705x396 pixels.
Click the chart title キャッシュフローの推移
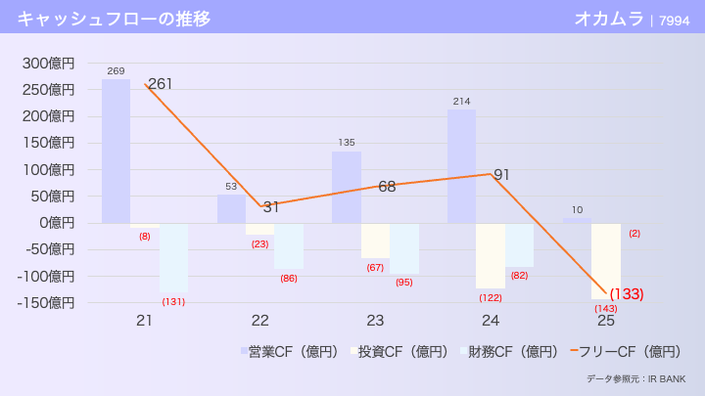pos(114,19)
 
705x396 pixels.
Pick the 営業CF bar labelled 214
pos(462,166)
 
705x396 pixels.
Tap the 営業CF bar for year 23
pos(347,187)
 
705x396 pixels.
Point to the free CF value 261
pos(160,84)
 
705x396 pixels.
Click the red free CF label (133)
pos(627,293)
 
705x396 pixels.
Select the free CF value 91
pos(502,175)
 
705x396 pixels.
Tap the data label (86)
pos(289,279)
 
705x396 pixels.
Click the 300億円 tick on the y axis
pos(48,64)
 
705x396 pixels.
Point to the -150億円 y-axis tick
pos(48,302)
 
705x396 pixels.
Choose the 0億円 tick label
pos(55,223)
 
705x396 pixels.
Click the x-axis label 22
pos(259,321)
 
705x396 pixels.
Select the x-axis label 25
pos(606,321)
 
